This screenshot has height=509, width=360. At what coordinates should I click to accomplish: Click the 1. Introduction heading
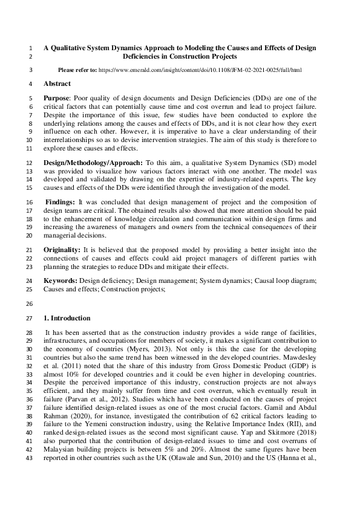point(67,318)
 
